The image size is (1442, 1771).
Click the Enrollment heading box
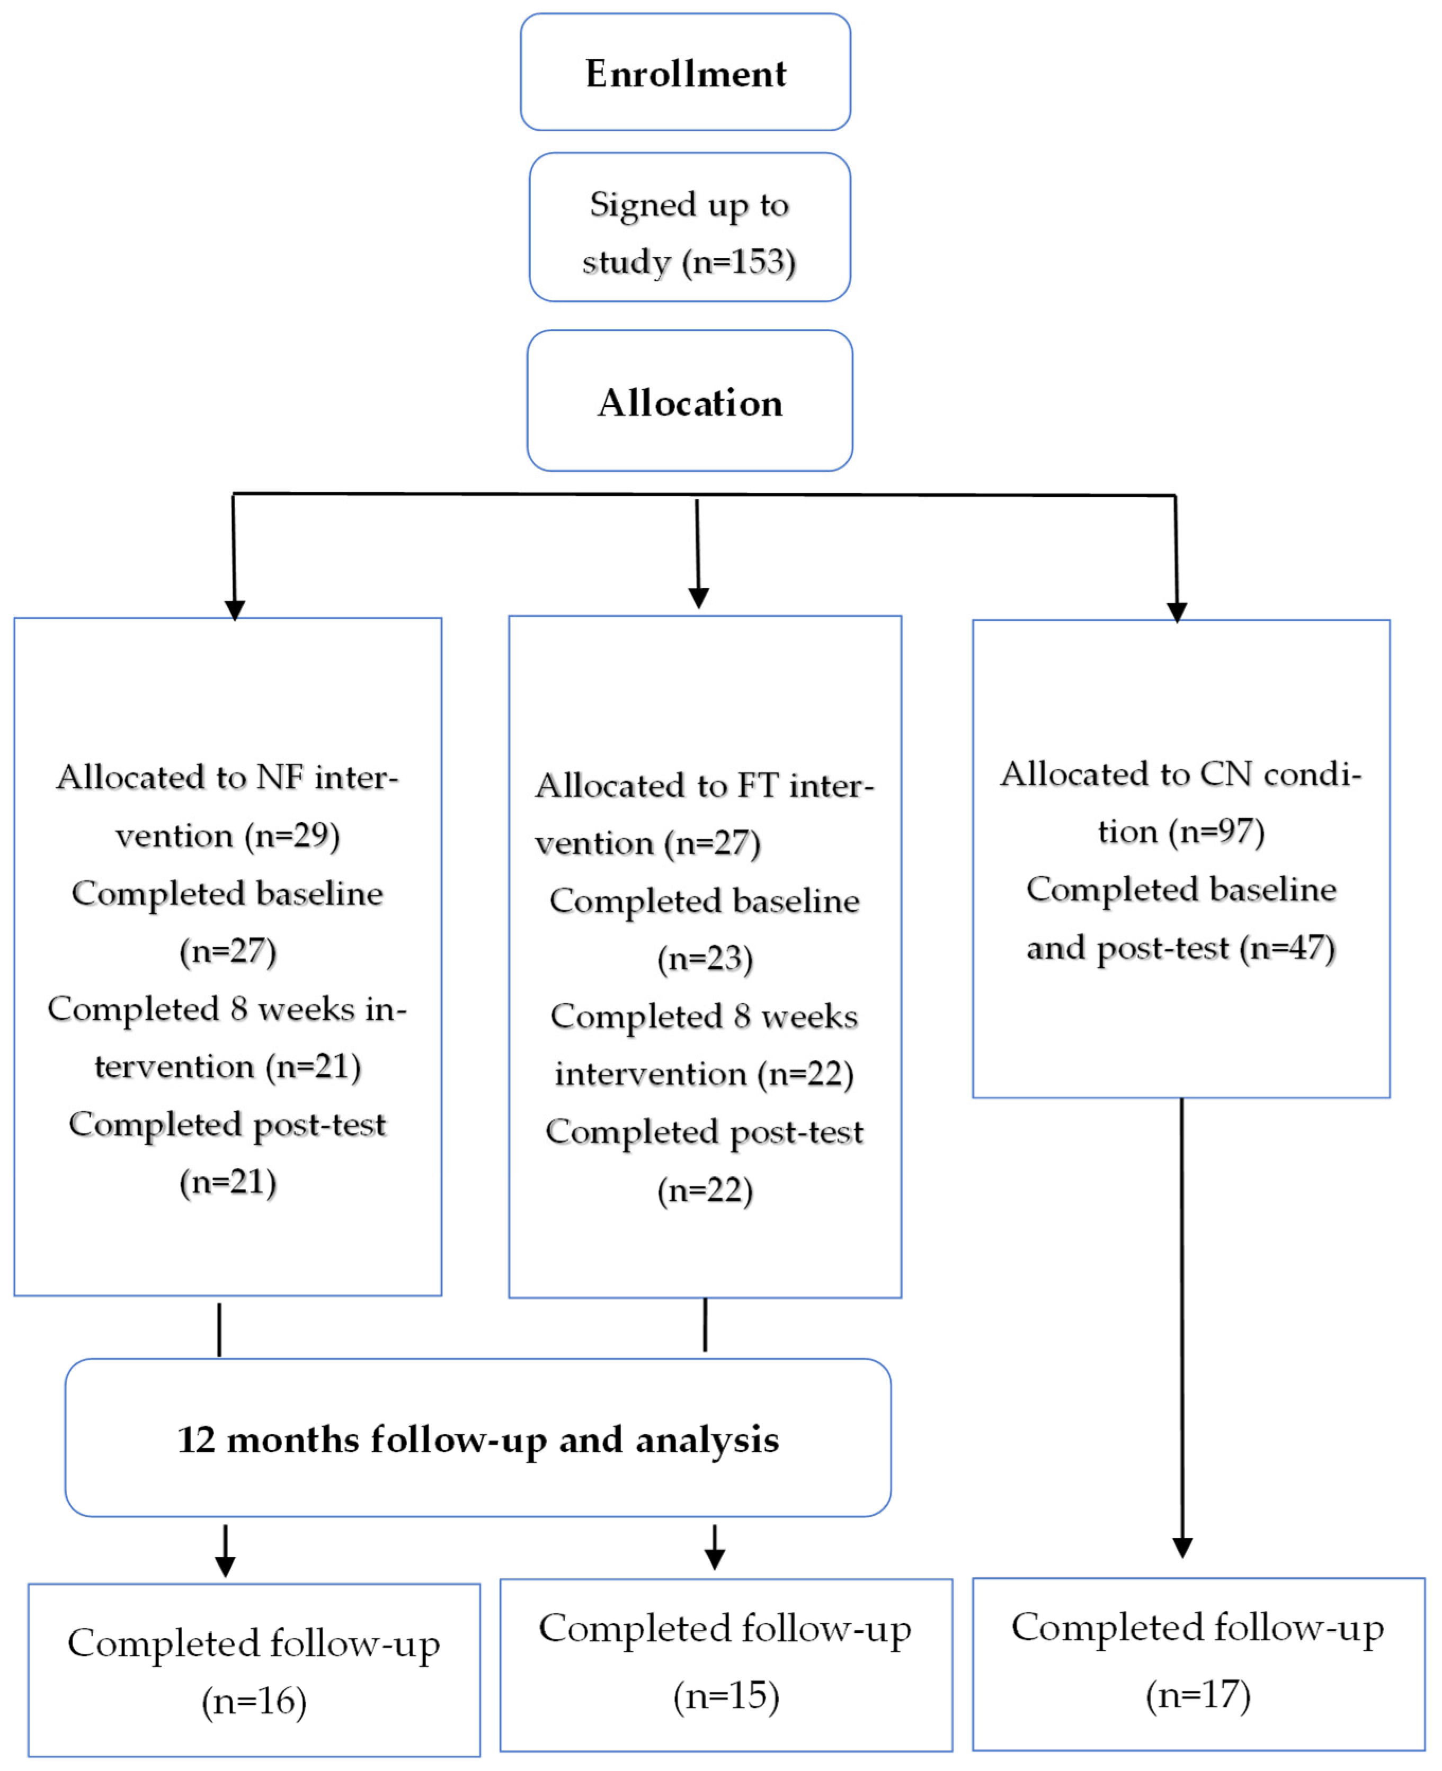pyautogui.click(x=686, y=72)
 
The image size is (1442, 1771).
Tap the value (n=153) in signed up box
pyautogui.click(x=738, y=263)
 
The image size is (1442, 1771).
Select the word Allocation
pyautogui.click(x=689, y=403)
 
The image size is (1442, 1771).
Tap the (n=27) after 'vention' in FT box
pyautogui.click(x=712, y=843)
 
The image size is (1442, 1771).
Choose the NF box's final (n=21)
pyautogui.click(x=228, y=1182)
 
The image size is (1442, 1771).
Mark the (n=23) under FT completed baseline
pyautogui.click(x=705, y=959)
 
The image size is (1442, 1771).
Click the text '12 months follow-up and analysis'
pyautogui.click(x=478, y=1440)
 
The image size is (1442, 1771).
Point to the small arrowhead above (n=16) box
pyautogui.click(x=225, y=1566)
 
